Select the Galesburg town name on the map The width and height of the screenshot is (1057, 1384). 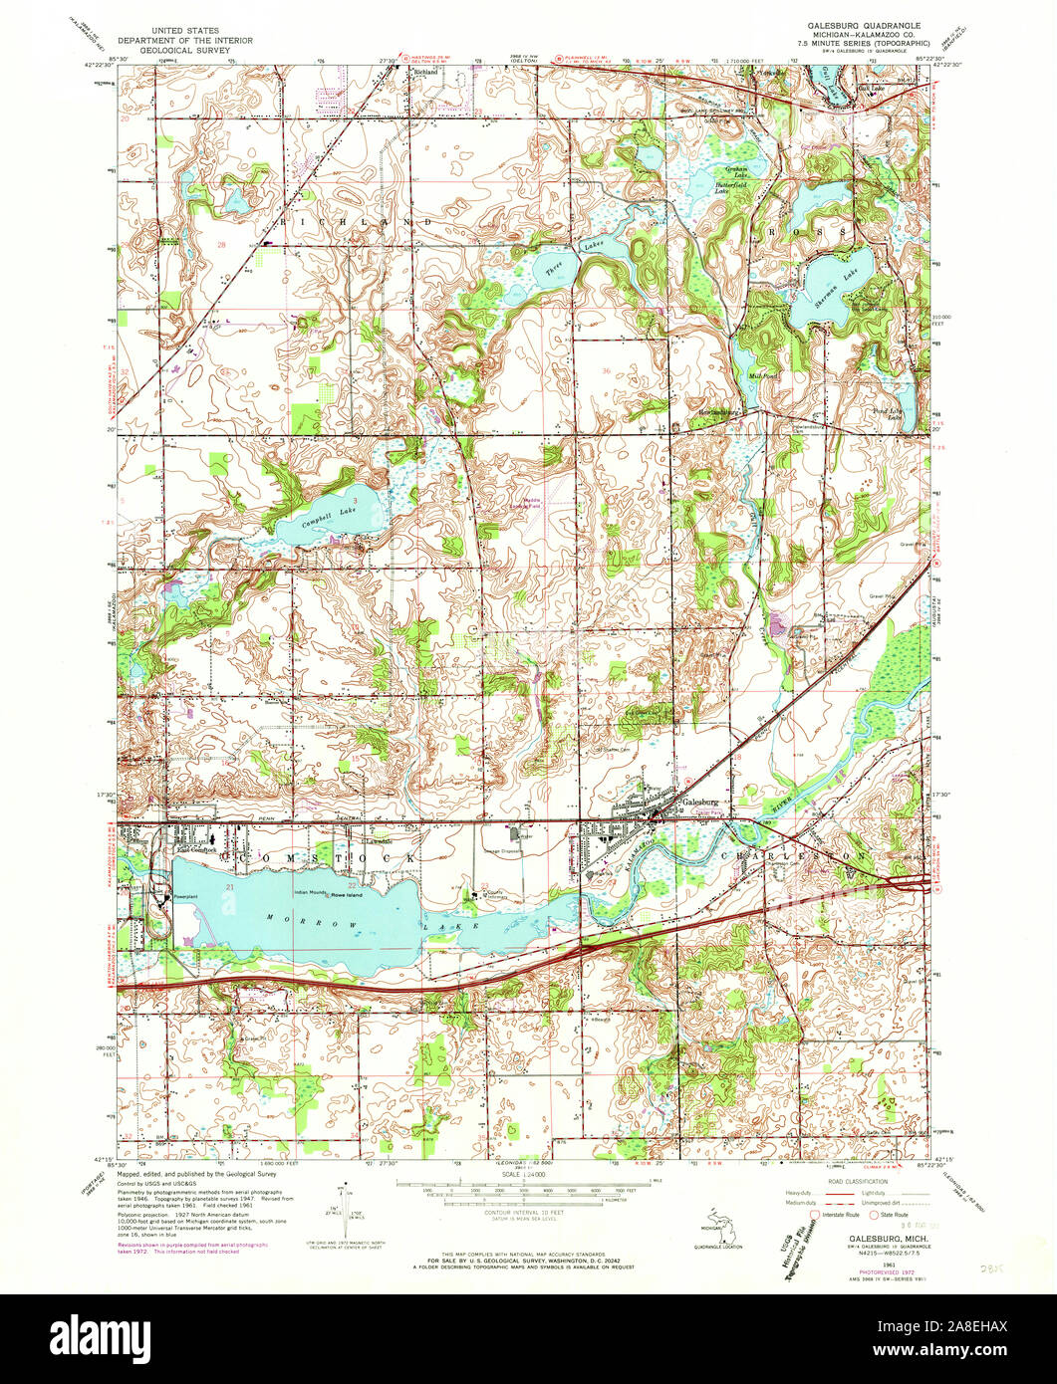pos(699,802)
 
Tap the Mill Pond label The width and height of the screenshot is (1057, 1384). pos(762,375)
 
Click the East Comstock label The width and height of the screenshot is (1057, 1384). pos(196,850)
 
